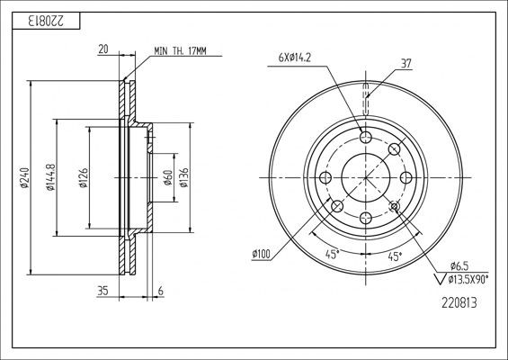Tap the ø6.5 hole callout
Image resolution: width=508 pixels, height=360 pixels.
(x=459, y=265)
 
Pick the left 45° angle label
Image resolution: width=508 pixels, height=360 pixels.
(x=331, y=255)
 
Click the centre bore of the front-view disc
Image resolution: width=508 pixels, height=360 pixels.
(x=365, y=176)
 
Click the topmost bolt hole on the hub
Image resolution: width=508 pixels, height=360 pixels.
(x=365, y=136)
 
